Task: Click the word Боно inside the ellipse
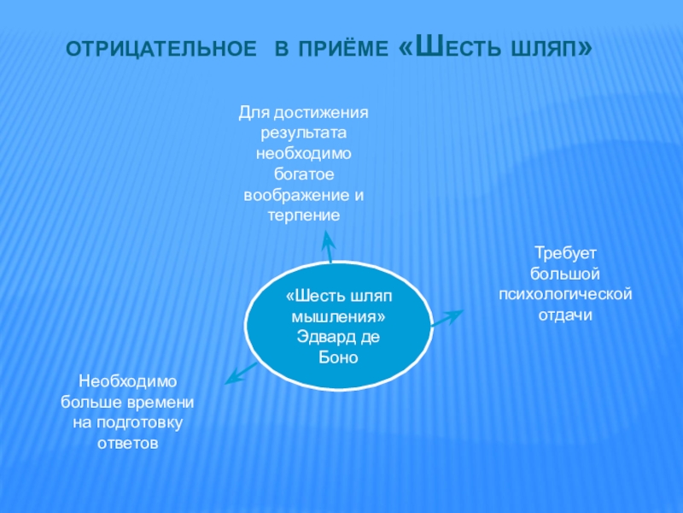click(x=340, y=357)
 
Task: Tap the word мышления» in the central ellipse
click(x=340, y=316)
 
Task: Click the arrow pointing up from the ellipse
click(x=327, y=245)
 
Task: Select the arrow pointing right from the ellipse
click(x=447, y=319)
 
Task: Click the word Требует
click(x=564, y=255)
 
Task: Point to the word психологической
click(x=565, y=295)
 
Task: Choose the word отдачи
click(x=564, y=315)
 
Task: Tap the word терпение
click(x=304, y=215)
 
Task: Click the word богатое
click(x=304, y=174)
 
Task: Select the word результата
click(x=304, y=133)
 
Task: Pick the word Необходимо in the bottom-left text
click(x=127, y=381)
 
